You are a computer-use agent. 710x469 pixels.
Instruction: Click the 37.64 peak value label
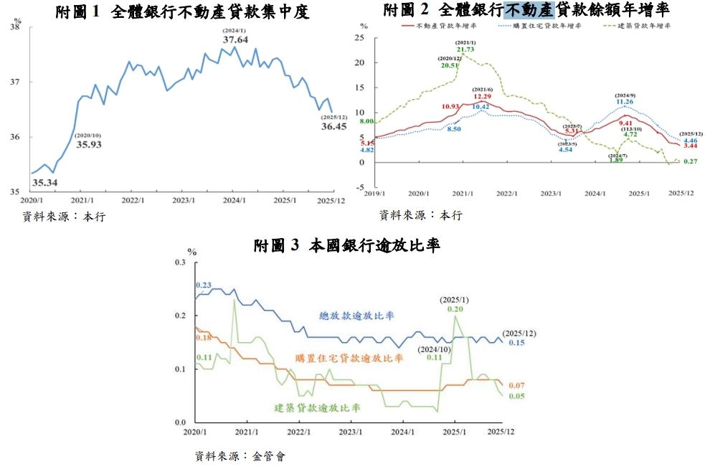235,40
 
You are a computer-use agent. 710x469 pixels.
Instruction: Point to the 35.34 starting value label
45,182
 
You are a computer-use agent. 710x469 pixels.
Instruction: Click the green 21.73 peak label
465,49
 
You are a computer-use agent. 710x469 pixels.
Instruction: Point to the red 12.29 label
482,97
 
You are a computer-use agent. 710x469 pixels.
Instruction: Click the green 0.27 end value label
690,161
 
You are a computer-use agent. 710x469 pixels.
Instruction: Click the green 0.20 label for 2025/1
455,308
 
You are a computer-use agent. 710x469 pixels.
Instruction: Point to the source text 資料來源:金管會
240,455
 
